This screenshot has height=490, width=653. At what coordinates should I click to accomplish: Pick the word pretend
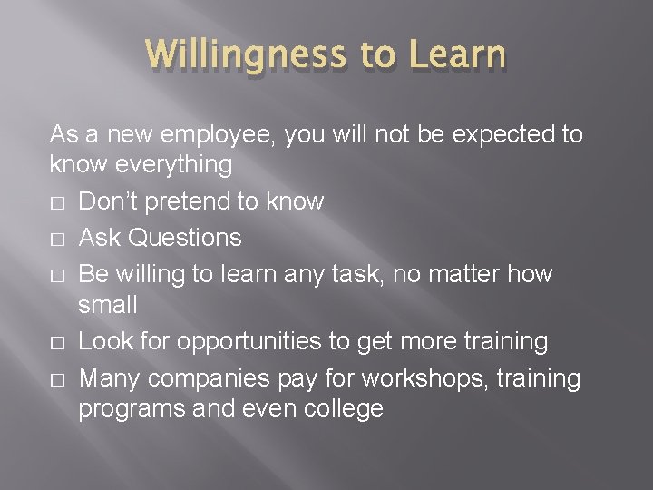coord(194,201)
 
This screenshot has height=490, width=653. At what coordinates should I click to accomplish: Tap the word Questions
coord(186,238)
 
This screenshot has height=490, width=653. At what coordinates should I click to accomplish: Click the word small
coord(108,304)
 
